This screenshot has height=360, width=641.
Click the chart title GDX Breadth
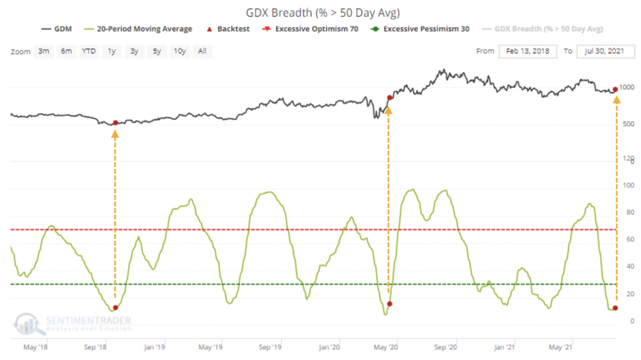[322, 13]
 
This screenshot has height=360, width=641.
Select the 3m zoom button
[44, 51]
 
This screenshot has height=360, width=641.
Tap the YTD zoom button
[89, 51]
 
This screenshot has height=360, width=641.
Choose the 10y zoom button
[179, 51]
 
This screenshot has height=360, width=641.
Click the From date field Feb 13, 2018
[527, 51]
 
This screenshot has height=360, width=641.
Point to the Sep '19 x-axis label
[270, 347]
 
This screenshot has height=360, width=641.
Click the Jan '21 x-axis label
[504, 347]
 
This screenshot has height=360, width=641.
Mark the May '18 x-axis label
[35, 347]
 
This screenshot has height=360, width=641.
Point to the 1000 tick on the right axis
[627, 87]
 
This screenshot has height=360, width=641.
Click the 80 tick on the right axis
[630, 212]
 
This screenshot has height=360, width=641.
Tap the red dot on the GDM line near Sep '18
[116, 123]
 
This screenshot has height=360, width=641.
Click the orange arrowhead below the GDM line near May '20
[388, 111]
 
